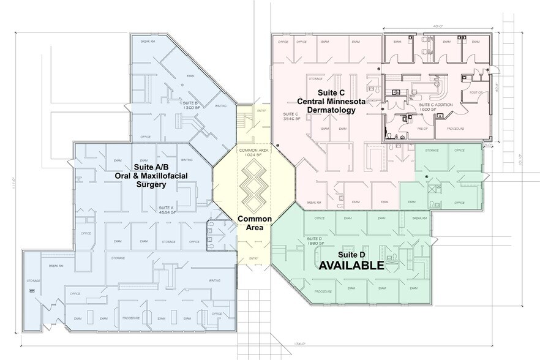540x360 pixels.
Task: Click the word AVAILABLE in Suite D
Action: click(x=350, y=266)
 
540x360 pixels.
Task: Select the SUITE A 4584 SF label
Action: click(x=167, y=210)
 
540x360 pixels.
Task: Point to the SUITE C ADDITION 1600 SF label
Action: click(x=435, y=107)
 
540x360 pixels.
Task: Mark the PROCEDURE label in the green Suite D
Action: click(x=324, y=291)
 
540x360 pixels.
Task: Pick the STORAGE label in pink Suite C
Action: click(x=315, y=79)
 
